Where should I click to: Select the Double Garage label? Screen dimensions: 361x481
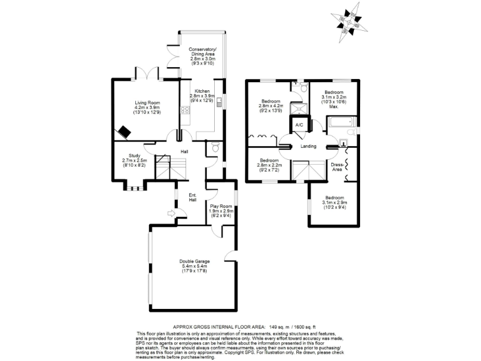click(x=194, y=261)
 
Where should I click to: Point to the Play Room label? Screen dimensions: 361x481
click(x=221, y=206)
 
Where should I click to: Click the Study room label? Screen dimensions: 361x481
click(x=135, y=155)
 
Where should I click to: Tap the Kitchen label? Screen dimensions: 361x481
click(x=202, y=91)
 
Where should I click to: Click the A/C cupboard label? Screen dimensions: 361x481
click(x=299, y=125)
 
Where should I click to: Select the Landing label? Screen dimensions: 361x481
click(x=308, y=147)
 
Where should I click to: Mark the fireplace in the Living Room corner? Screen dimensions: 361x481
click(x=125, y=133)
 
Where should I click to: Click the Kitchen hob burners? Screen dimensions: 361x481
click(x=185, y=111)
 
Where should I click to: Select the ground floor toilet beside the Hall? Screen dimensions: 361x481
click(x=215, y=148)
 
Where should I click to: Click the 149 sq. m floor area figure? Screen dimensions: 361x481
click(x=277, y=327)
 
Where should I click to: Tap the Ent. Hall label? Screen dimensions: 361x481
click(x=193, y=197)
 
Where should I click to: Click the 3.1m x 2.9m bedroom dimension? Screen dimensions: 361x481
click(x=334, y=202)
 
